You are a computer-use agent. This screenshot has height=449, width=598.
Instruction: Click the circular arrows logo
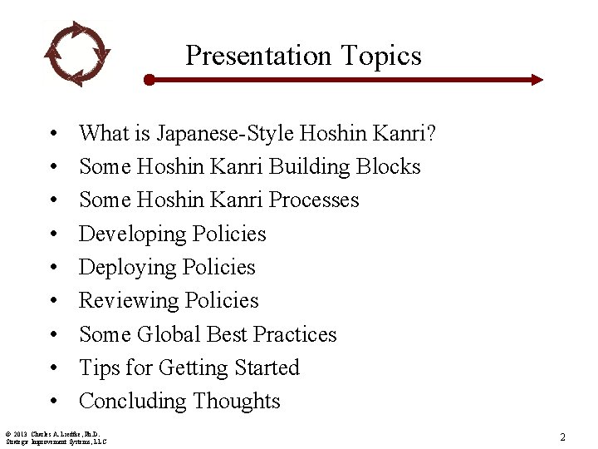click(76, 54)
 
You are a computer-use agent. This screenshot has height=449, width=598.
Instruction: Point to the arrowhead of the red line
click(537, 80)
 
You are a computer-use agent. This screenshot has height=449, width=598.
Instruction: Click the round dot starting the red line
click(149, 80)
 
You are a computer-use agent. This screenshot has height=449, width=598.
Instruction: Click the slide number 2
click(562, 437)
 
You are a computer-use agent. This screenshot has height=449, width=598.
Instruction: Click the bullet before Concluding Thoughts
click(52, 402)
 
